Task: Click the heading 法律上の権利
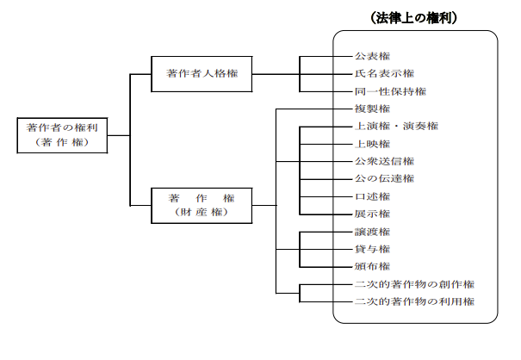coord(412,17)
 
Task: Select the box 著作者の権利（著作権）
coord(62,135)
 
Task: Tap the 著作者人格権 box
coord(202,74)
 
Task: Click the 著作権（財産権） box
coord(202,204)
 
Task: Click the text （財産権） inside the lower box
coord(202,212)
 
